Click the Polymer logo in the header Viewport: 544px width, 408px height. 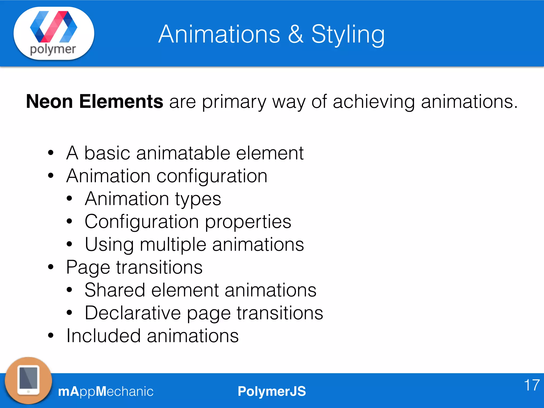coord(54,27)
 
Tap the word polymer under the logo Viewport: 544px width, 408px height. coord(53,50)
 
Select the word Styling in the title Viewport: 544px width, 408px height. coord(348,35)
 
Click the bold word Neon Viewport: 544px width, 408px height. coord(49,101)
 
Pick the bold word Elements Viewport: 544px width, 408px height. coord(121,101)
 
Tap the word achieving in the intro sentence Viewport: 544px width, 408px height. coord(374,101)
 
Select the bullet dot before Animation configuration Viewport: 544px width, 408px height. coord(51,176)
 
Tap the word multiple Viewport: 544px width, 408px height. coord(173,245)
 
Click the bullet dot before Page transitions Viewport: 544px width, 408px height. coord(51,267)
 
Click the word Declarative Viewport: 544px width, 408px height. coord(133,313)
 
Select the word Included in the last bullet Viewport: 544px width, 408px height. coord(103,336)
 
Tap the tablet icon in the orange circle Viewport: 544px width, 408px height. coord(28,380)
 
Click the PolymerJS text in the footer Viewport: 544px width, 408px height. coord(272,391)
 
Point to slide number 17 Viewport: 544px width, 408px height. coord(532,385)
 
